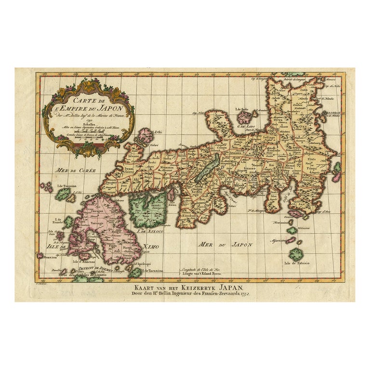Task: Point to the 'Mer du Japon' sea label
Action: (x=226, y=245)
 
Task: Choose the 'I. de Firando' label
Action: (x=62, y=225)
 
